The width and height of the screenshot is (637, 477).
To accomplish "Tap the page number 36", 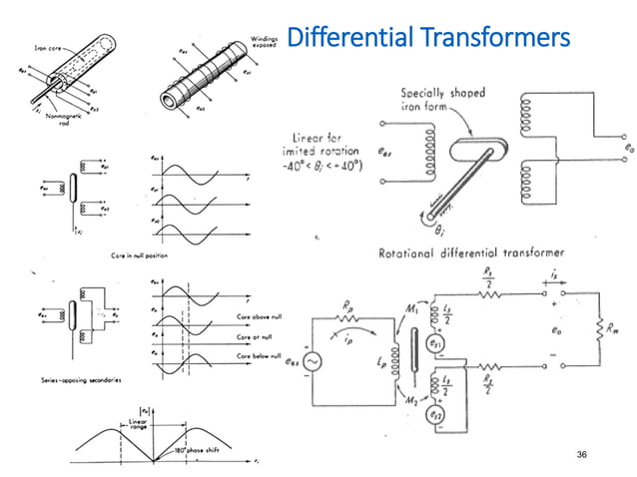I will [586, 454].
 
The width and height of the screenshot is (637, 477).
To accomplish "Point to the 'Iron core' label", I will [47, 45].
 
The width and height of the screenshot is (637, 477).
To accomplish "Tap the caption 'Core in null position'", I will [139, 256].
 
